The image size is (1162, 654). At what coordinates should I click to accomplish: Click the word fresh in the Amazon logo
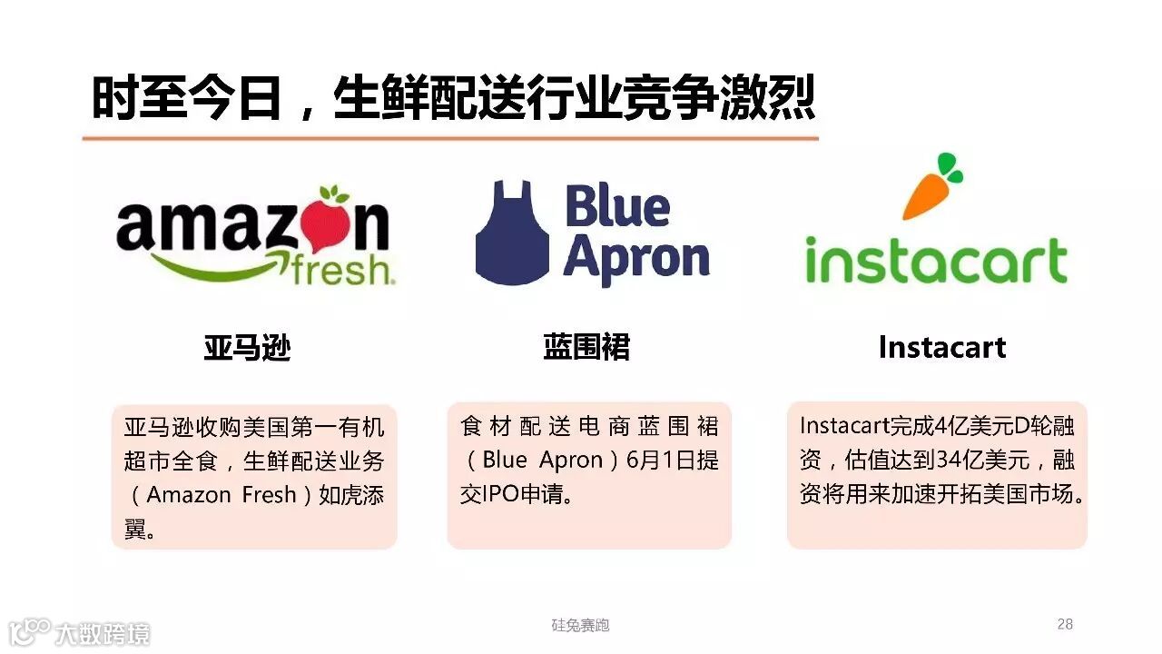tap(342, 269)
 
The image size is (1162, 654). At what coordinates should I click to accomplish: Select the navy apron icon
tap(512, 233)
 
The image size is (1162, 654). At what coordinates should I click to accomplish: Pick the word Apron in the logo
tap(636, 259)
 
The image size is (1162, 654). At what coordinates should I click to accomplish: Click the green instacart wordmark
tap(936, 262)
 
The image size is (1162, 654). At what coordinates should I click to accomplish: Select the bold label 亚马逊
tap(247, 347)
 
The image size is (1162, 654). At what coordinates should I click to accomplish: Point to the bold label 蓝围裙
tap(586, 347)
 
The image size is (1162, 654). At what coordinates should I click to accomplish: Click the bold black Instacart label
tap(941, 347)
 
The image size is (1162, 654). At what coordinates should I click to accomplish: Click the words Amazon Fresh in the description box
tap(222, 495)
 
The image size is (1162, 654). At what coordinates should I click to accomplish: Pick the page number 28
tap(1065, 624)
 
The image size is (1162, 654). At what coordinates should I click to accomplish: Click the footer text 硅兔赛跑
tap(580, 625)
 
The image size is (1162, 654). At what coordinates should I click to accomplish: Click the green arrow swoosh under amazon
tap(213, 264)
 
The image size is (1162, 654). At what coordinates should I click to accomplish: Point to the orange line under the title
tap(450, 138)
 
